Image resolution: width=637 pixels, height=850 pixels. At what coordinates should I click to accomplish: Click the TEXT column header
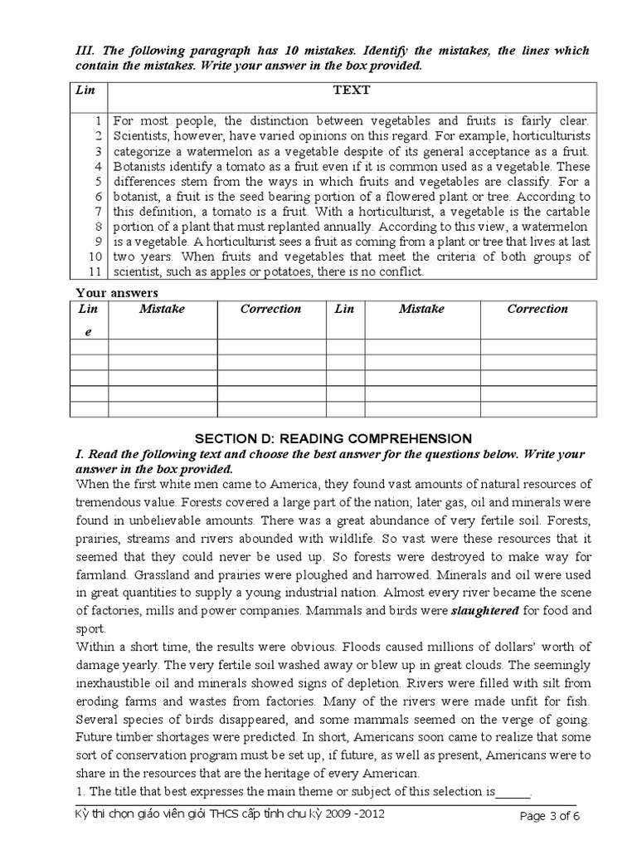click(x=351, y=90)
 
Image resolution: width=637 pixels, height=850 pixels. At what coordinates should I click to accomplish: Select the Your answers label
click(x=117, y=292)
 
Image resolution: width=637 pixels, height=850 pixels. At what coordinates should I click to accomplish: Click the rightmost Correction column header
click(x=537, y=309)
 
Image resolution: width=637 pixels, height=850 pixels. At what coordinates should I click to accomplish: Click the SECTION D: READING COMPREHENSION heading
click(x=333, y=438)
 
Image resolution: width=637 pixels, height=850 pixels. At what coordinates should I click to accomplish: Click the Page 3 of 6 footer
click(x=548, y=816)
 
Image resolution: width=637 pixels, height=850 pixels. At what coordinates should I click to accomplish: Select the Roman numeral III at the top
click(x=85, y=51)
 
